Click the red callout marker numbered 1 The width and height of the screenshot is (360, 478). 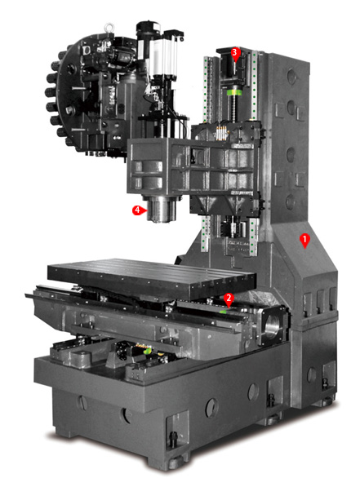[x=304, y=241]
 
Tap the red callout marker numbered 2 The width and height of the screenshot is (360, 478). [x=229, y=299]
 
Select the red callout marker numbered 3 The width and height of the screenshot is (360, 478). [x=234, y=53]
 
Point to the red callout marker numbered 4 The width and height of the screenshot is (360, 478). [x=138, y=210]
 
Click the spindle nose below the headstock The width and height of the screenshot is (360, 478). [x=161, y=209]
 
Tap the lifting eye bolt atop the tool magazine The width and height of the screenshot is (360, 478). [x=109, y=29]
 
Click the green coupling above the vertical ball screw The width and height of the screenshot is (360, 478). [x=234, y=91]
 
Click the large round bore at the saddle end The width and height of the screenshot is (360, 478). [x=273, y=327]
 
